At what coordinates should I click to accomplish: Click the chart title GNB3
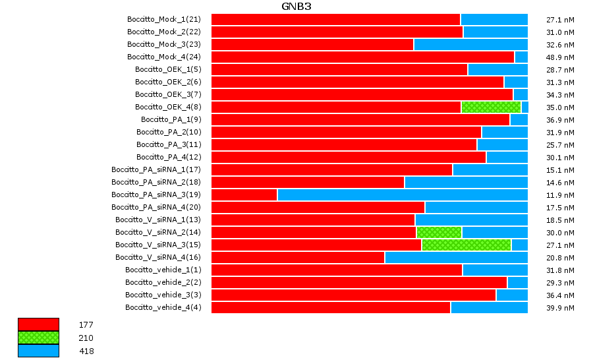click(296, 7)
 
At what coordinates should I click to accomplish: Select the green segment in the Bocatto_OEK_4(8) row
click(491, 107)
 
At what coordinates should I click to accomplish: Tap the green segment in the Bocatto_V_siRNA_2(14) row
click(439, 232)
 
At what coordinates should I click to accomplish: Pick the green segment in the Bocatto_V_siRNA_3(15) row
click(466, 245)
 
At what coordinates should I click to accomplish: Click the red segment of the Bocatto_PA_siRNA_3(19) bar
click(244, 195)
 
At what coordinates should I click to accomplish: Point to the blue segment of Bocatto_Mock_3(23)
click(470, 44)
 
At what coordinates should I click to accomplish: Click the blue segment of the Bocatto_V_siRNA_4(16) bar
click(456, 257)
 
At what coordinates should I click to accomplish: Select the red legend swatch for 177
click(38, 324)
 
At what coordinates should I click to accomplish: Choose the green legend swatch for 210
click(38, 338)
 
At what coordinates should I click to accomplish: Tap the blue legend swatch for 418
click(38, 351)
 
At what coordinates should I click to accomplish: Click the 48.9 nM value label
click(561, 57)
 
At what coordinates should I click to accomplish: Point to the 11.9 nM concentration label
click(561, 195)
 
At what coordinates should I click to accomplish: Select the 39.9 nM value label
click(561, 308)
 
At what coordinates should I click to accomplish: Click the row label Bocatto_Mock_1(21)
click(163, 19)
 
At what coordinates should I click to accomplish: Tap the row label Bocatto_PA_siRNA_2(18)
click(155, 182)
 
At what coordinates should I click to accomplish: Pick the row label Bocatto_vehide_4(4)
click(163, 307)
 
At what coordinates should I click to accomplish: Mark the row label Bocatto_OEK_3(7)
click(168, 94)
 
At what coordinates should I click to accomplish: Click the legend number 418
click(86, 351)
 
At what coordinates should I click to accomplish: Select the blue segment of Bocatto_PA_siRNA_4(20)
click(476, 207)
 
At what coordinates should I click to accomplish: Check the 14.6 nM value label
click(561, 183)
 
